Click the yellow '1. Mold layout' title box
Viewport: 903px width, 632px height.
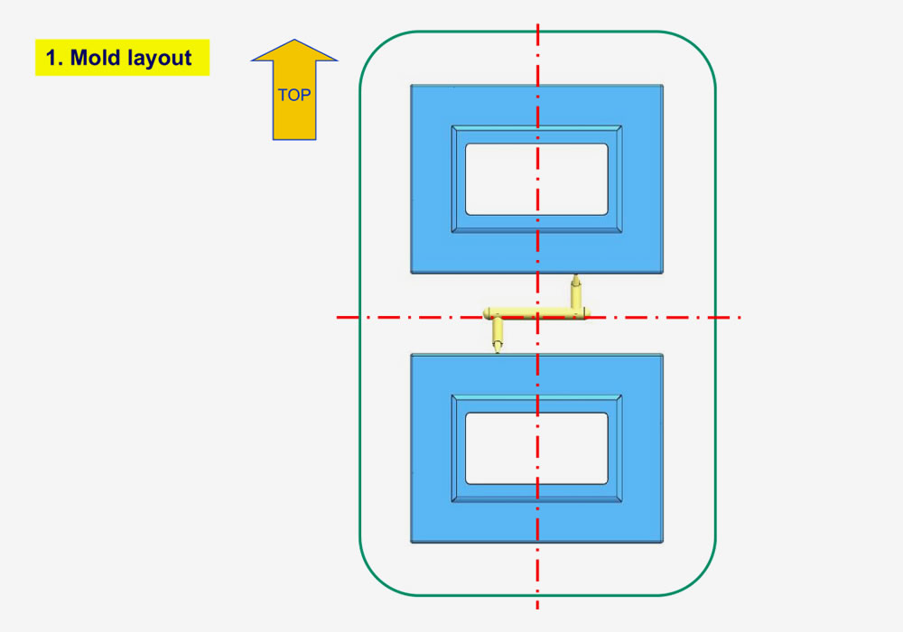[122, 58]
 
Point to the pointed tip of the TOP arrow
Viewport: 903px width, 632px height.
[294, 41]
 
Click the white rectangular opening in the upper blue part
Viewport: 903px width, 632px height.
[536, 179]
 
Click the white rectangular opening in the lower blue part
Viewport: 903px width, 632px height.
[536, 449]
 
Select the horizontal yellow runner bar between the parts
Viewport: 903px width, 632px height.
[536, 313]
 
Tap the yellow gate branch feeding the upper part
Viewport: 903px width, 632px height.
[575, 294]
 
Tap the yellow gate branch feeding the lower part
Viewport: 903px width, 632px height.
[497, 335]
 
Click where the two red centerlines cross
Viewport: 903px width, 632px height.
[538, 317]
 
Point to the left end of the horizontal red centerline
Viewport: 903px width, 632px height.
[339, 317]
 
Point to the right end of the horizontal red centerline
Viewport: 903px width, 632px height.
[740, 317]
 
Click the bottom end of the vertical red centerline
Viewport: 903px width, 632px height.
[538, 609]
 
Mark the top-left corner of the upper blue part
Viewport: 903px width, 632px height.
[412, 87]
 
